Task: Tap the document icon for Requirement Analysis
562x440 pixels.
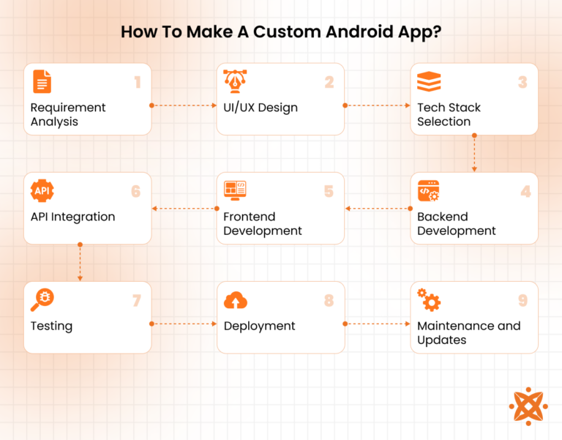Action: pos(42,81)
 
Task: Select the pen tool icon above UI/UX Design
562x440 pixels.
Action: pos(235,81)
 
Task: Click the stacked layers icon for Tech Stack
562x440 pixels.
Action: pos(428,81)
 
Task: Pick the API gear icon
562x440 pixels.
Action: pos(42,191)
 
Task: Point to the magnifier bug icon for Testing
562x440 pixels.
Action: pos(42,300)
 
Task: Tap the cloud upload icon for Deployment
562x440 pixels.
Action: pos(236,300)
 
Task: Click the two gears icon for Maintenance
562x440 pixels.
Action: pos(428,300)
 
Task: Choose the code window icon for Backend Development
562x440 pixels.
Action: pos(428,191)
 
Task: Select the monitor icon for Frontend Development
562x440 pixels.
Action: pos(235,191)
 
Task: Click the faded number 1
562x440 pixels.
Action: pos(137,83)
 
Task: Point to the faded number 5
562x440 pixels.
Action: pos(329,192)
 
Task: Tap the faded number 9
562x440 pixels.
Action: pos(522,301)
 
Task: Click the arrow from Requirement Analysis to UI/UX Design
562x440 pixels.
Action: pos(184,105)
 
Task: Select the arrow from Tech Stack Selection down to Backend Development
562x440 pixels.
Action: pos(474,153)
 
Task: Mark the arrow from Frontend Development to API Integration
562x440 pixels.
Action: pos(184,209)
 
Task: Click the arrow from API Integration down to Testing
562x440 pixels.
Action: pos(80,262)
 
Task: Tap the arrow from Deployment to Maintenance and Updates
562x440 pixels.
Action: pos(377,324)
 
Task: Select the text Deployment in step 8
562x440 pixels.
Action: pos(260,326)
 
